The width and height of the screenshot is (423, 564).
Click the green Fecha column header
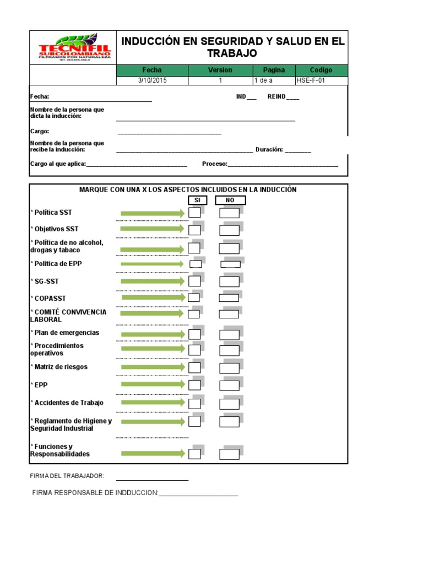click(152, 70)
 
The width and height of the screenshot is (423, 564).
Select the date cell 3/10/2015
click(152, 80)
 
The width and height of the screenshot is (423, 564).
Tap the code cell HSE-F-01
click(321, 80)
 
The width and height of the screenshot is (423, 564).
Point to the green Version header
click(220, 70)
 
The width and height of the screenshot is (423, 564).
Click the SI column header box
click(197, 200)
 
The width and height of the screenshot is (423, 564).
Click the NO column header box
click(230, 200)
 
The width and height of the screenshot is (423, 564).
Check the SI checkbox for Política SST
click(194, 213)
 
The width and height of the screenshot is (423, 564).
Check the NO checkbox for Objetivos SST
click(229, 230)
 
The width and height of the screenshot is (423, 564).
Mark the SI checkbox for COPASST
click(194, 298)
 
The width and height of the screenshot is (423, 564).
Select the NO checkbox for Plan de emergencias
click(229, 334)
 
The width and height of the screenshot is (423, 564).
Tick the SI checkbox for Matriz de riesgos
click(194, 367)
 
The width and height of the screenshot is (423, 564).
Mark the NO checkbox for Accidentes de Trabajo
click(229, 404)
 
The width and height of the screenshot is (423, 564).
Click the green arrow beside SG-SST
click(153, 281)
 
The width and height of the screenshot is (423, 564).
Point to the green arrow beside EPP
click(153, 384)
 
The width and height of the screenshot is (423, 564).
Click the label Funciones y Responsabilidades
click(59, 450)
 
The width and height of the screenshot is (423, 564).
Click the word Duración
click(269, 149)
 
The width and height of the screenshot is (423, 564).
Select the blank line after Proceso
click(283, 165)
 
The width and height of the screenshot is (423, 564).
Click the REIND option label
click(276, 96)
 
